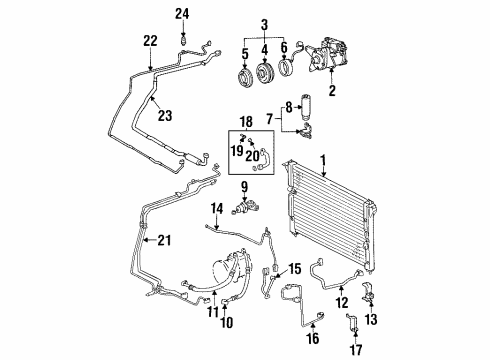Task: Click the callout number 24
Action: coord(181,13)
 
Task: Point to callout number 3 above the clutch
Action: coord(263,24)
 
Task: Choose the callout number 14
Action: coord(215,207)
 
